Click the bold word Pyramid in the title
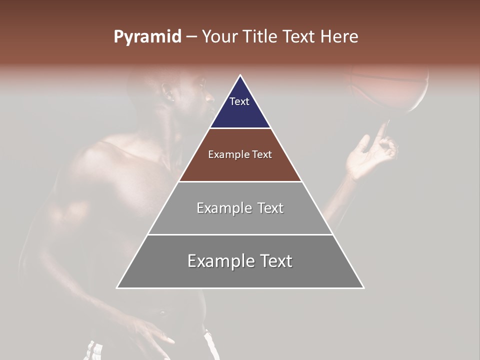(147, 37)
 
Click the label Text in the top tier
(239, 101)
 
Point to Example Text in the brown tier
(240, 154)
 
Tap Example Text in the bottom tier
(240, 261)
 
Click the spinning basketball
(390, 87)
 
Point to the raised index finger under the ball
(381, 132)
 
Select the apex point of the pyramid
(240, 75)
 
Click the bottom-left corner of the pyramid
(117, 287)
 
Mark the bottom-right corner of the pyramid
(363, 287)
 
